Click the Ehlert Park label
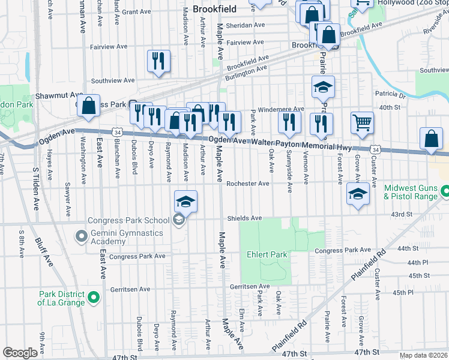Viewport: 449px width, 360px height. pos(267,254)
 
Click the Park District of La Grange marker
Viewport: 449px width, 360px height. pos(93,297)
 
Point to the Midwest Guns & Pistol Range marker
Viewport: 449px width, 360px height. pos(444,192)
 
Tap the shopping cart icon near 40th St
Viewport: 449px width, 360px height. pos(362,122)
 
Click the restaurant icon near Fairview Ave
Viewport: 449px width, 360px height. pos(158,61)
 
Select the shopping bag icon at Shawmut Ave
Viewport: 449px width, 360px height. pos(88,106)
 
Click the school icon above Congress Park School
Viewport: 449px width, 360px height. pos(186,201)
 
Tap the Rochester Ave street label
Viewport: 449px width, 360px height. pos(248,184)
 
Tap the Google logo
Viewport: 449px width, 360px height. pos(20,352)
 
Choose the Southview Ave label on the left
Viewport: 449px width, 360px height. pos(112,80)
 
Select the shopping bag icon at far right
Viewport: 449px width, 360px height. pos(432,139)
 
